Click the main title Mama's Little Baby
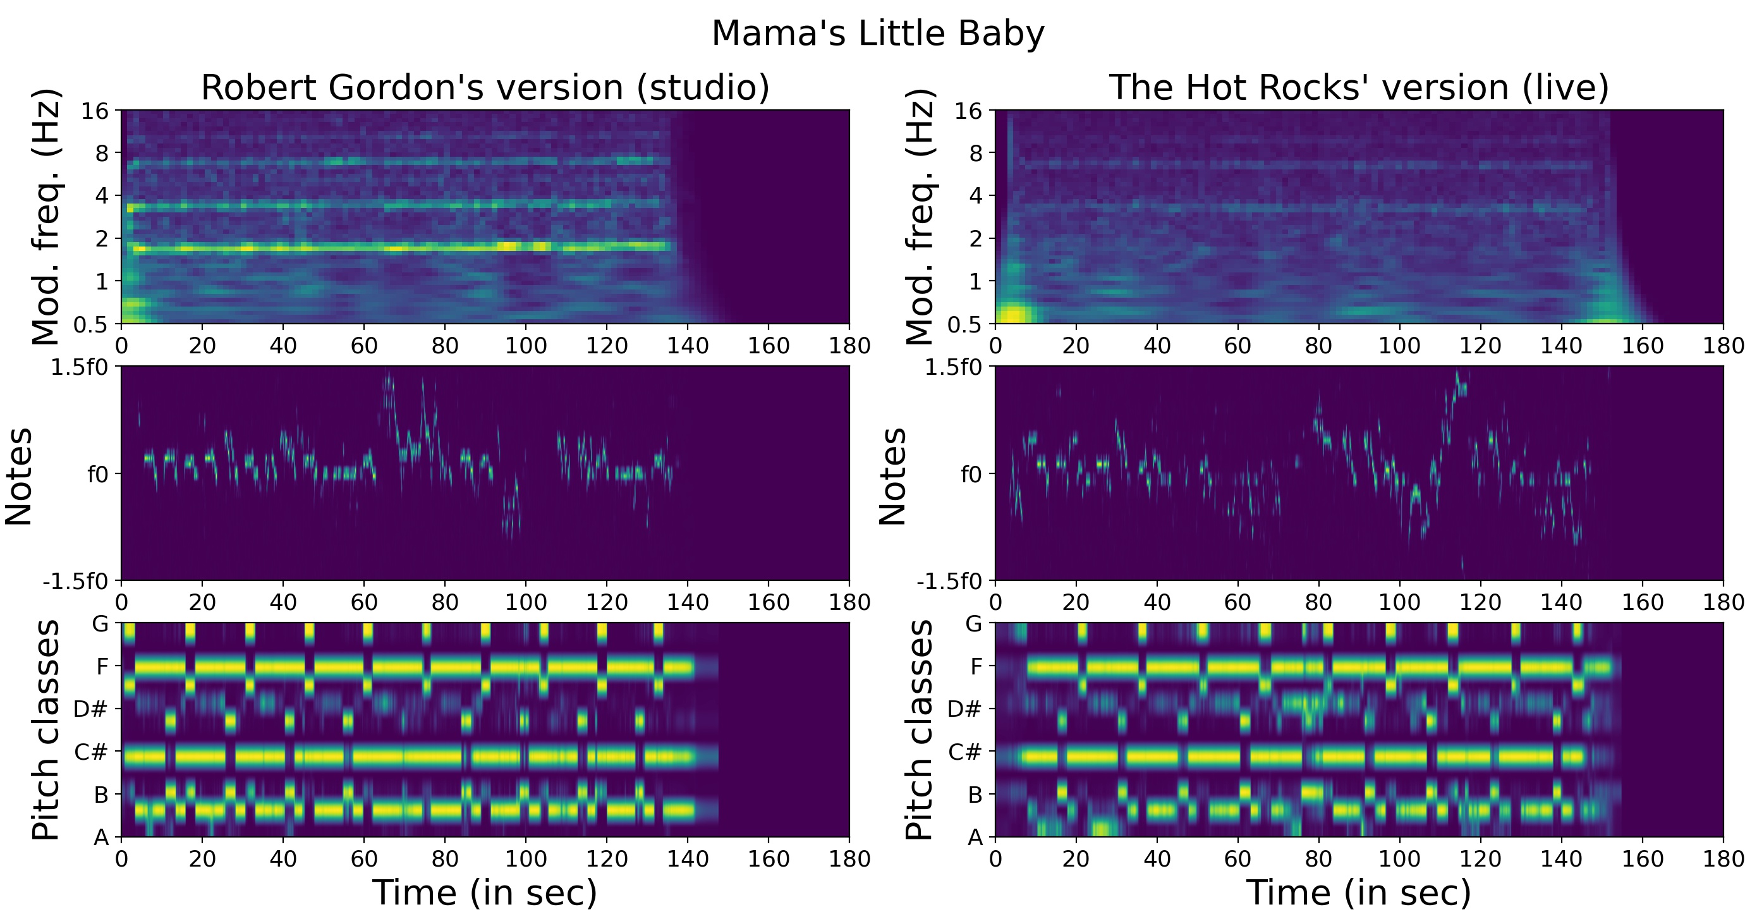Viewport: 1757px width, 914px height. (x=878, y=34)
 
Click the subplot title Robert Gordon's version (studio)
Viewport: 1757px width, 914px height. (x=485, y=88)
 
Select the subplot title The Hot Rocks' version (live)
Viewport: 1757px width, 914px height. (x=1359, y=88)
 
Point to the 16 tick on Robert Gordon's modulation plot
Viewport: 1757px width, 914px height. (x=95, y=111)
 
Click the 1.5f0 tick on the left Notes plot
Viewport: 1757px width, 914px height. (x=80, y=368)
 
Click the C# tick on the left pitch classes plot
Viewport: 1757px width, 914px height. (x=91, y=752)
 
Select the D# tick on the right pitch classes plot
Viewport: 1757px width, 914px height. (x=964, y=709)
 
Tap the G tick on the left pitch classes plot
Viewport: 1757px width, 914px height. (x=100, y=624)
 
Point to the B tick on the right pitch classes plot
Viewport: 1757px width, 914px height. (x=975, y=795)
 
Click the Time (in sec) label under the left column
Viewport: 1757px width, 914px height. (x=485, y=892)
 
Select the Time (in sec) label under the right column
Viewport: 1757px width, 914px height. (x=1359, y=892)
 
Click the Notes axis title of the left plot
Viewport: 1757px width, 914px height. (x=19, y=475)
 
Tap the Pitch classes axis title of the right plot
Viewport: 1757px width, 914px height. (x=920, y=730)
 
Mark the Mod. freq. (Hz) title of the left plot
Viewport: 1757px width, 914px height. (x=46, y=217)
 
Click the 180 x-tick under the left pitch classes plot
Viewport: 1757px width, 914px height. (x=849, y=859)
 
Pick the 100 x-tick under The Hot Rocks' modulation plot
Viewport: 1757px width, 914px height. (x=1400, y=346)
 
